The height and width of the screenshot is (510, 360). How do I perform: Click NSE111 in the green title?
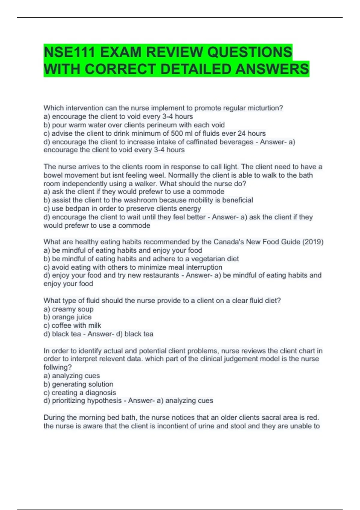(70, 52)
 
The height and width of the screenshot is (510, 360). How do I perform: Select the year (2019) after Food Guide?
(313, 242)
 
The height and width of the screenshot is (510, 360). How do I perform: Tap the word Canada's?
(229, 242)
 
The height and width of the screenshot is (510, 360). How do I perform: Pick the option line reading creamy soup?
(68, 309)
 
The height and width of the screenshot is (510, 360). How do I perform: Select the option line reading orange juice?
(67, 317)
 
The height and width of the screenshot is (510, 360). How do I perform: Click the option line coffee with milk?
(72, 325)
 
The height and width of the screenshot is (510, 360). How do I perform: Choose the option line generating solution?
(78, 384)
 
